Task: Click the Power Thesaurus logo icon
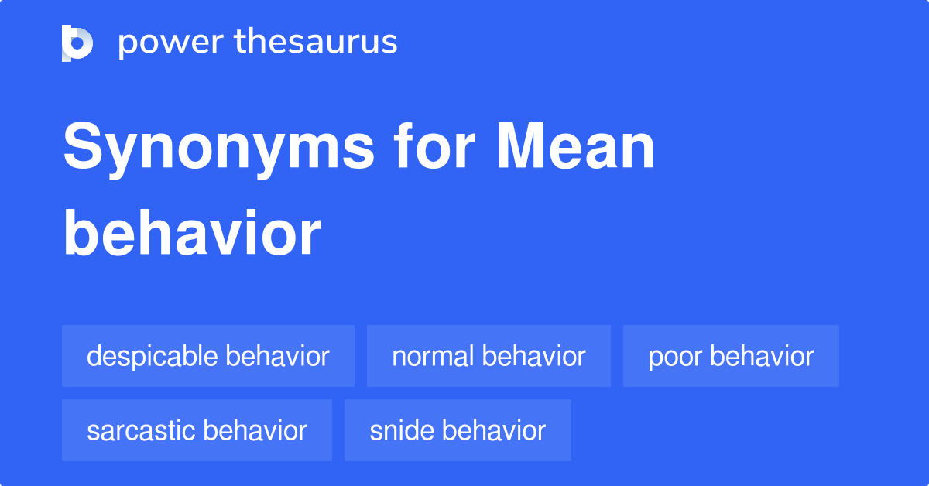click(x=77, y=43)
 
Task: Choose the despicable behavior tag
click(x=208, y=356)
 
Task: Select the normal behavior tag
click(x=488, y=356)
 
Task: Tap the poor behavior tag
click(x=731, y=356)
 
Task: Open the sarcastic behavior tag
click(x=197, y=430)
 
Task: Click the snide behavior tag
click(x=458, y=430)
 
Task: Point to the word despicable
click(x=152, y=357)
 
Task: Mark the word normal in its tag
click(x=432, y=356)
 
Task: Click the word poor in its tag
click(x=675, y=357)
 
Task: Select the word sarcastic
click(x=140, y=430)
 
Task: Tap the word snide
click(x=400, y=430)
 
